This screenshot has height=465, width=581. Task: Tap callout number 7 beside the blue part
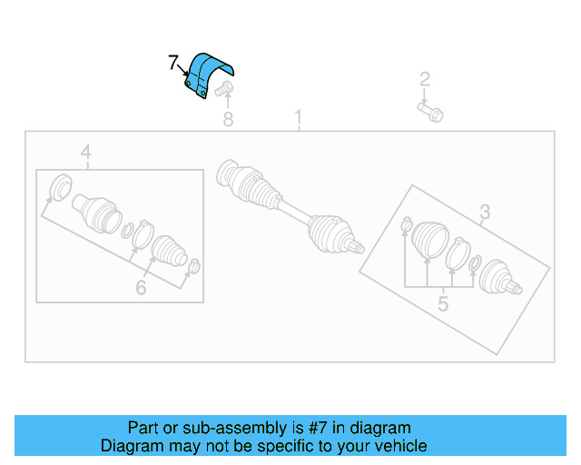(x=172, y=64)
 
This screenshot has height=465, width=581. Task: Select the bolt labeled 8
(x=225, y=89)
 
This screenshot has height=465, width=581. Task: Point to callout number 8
(x=228, y=119)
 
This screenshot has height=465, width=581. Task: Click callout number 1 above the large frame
(x=299, y=118)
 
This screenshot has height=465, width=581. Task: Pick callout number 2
(x=424, y=80)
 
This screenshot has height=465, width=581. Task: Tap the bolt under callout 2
(x=430, y=113)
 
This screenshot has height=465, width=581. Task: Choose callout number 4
(x=86, y=153)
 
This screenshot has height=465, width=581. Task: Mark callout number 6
(x=141, y=288)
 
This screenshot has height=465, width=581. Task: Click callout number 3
(x=485, y=213)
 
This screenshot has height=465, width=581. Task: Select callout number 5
(x=442, y=303)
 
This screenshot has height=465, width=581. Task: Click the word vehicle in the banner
(x=396, y=446)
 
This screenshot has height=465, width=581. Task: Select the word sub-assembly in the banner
(x=225, y=428)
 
